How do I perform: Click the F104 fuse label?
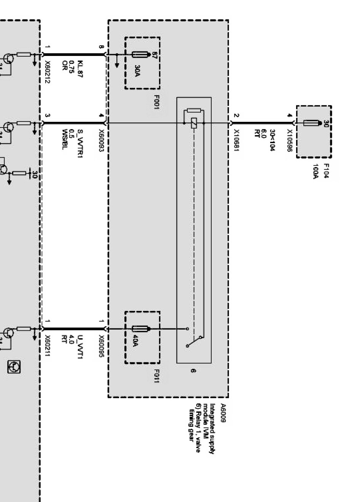point(326,171)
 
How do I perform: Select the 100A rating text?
point(315,172)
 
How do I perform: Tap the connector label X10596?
point(290,141)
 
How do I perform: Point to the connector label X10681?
point(236,141)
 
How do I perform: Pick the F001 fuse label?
point(156,102)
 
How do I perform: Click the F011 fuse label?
point(156,376)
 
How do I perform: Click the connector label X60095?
point(102,347)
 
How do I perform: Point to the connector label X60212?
point(48,72)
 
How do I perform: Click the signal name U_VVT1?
point(80,347)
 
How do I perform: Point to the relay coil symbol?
point(194,123)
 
